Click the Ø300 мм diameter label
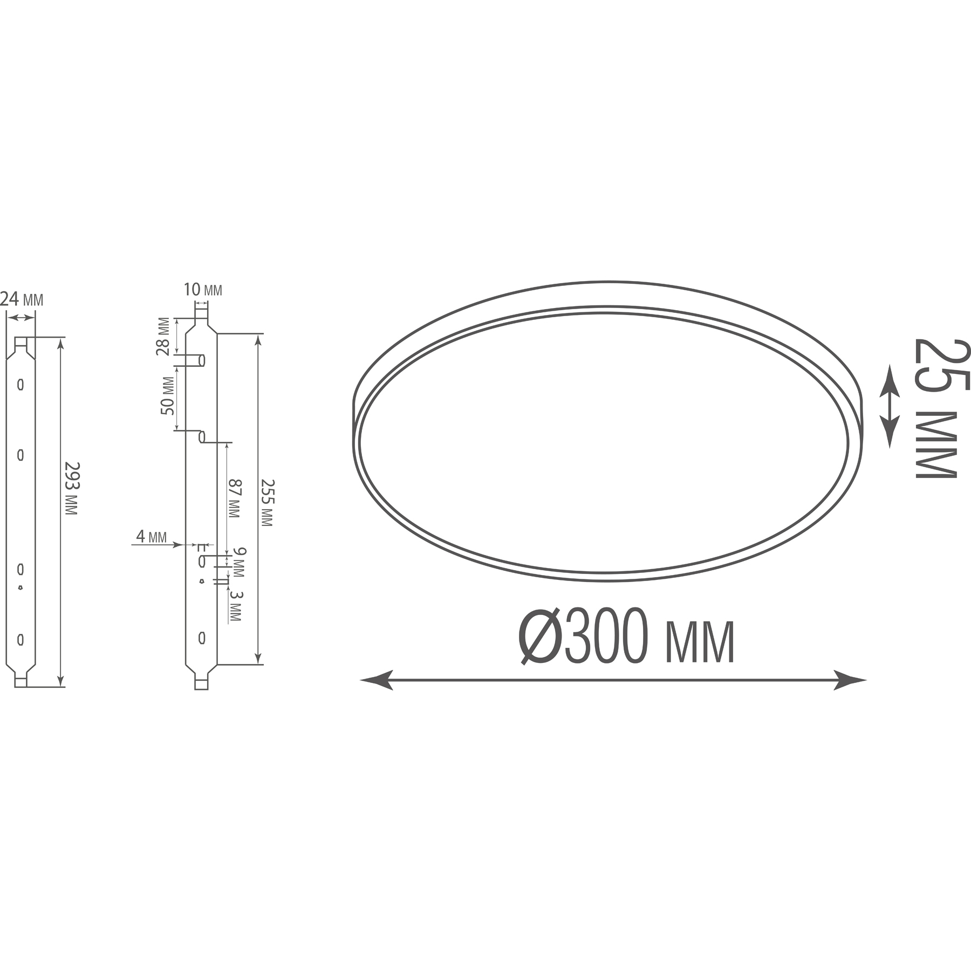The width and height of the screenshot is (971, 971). click(626, 637)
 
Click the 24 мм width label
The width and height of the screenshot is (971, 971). click(22, 299)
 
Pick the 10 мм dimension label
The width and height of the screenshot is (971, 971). click(203, 290)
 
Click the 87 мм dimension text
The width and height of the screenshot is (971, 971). click(234, 499)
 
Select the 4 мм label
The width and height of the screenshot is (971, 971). click(151, 537)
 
